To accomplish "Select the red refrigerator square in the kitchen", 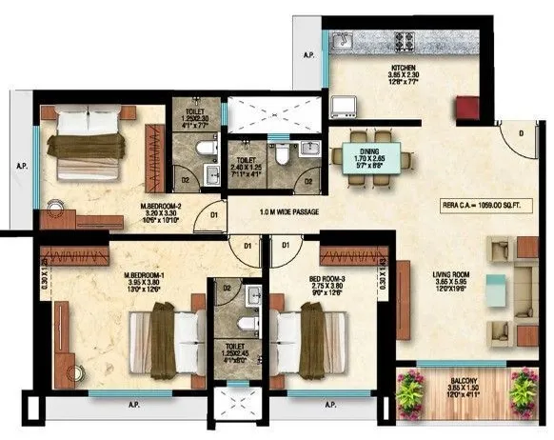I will coord(467,108).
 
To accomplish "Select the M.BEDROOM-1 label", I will coord(147,278).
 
